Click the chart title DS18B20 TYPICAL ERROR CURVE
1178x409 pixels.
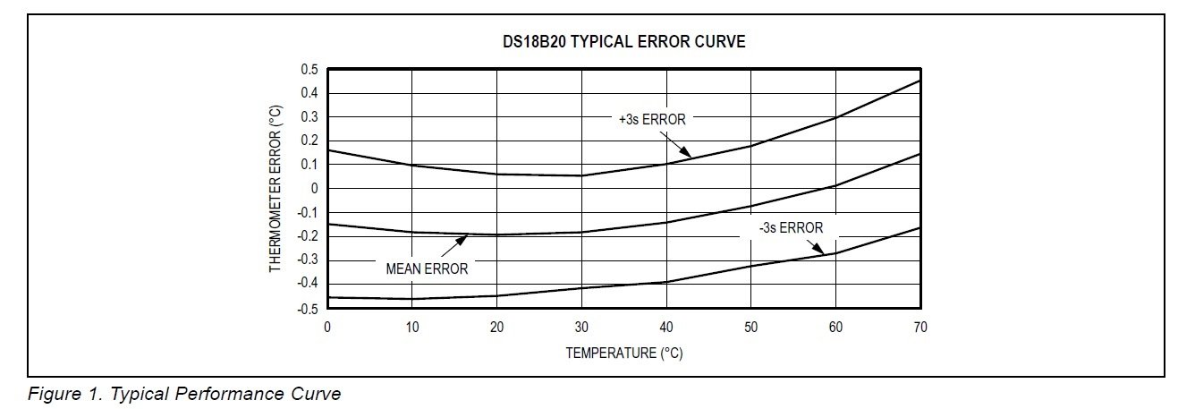pos(623,42)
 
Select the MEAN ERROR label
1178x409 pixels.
pos(427,268)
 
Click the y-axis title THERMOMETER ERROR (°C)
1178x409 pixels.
pos(276,189)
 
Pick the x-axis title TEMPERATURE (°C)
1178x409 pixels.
pos(623,353)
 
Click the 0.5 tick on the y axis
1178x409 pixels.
pos(309,70)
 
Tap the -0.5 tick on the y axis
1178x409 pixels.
pos(308,309)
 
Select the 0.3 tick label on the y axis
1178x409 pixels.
pos(309,117)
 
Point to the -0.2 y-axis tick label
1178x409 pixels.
pos(308,236)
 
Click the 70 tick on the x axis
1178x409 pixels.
pos(920,328)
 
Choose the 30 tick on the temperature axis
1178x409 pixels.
pos(581,328)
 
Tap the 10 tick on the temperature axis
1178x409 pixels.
pos(411,328)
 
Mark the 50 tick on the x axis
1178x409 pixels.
pos(750,328)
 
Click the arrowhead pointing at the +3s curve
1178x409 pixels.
pos(685,153)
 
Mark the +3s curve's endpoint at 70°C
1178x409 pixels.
pos(920,81)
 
